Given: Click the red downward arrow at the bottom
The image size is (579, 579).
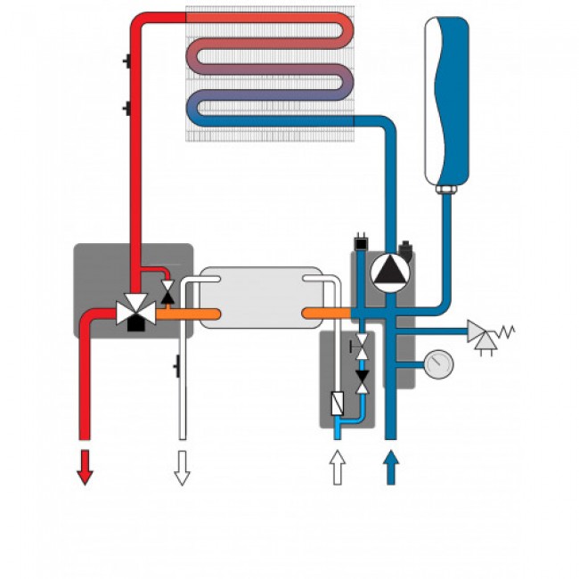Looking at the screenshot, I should [x=85, y=467].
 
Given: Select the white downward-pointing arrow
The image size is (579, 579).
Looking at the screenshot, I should [x=182, y=467].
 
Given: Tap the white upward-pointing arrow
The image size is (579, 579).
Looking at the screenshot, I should [x=338, y=467].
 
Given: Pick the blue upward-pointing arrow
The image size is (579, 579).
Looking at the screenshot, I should [x=389, y=467].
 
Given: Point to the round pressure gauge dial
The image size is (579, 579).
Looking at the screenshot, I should [x=439, y=363].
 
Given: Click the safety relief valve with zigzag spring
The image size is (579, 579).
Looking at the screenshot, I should [x=486, y=335].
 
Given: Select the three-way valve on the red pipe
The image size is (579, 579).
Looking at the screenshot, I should [x=135, y=311].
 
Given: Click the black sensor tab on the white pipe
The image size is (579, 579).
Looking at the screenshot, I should [x=177, y=363].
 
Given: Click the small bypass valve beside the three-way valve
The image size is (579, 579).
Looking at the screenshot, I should [x=167, y=290].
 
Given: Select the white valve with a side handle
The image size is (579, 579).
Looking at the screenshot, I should [x=361, y=349].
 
